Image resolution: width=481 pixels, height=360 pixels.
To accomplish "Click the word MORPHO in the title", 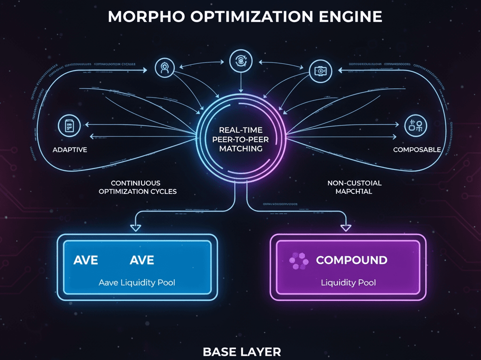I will (141, 16).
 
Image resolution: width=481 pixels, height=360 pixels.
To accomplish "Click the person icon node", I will (164, 68).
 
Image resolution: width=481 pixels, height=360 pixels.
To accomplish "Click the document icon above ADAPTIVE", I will (67, 126).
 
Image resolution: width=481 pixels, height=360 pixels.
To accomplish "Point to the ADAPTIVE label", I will (70, 150).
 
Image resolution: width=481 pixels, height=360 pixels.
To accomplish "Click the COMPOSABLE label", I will (417, 150).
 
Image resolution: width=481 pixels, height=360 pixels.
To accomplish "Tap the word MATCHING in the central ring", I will (237, 148).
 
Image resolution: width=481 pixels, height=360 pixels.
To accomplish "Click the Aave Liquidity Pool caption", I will (137, 283).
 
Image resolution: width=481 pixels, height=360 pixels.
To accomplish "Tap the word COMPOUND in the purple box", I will (351, 260).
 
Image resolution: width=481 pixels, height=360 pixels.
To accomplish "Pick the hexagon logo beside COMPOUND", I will (296, 261).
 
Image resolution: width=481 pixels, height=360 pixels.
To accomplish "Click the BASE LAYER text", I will (242, 351).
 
